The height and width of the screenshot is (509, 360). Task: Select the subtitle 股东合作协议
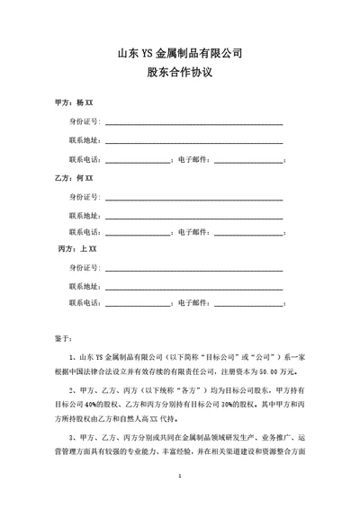pos(180,76)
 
